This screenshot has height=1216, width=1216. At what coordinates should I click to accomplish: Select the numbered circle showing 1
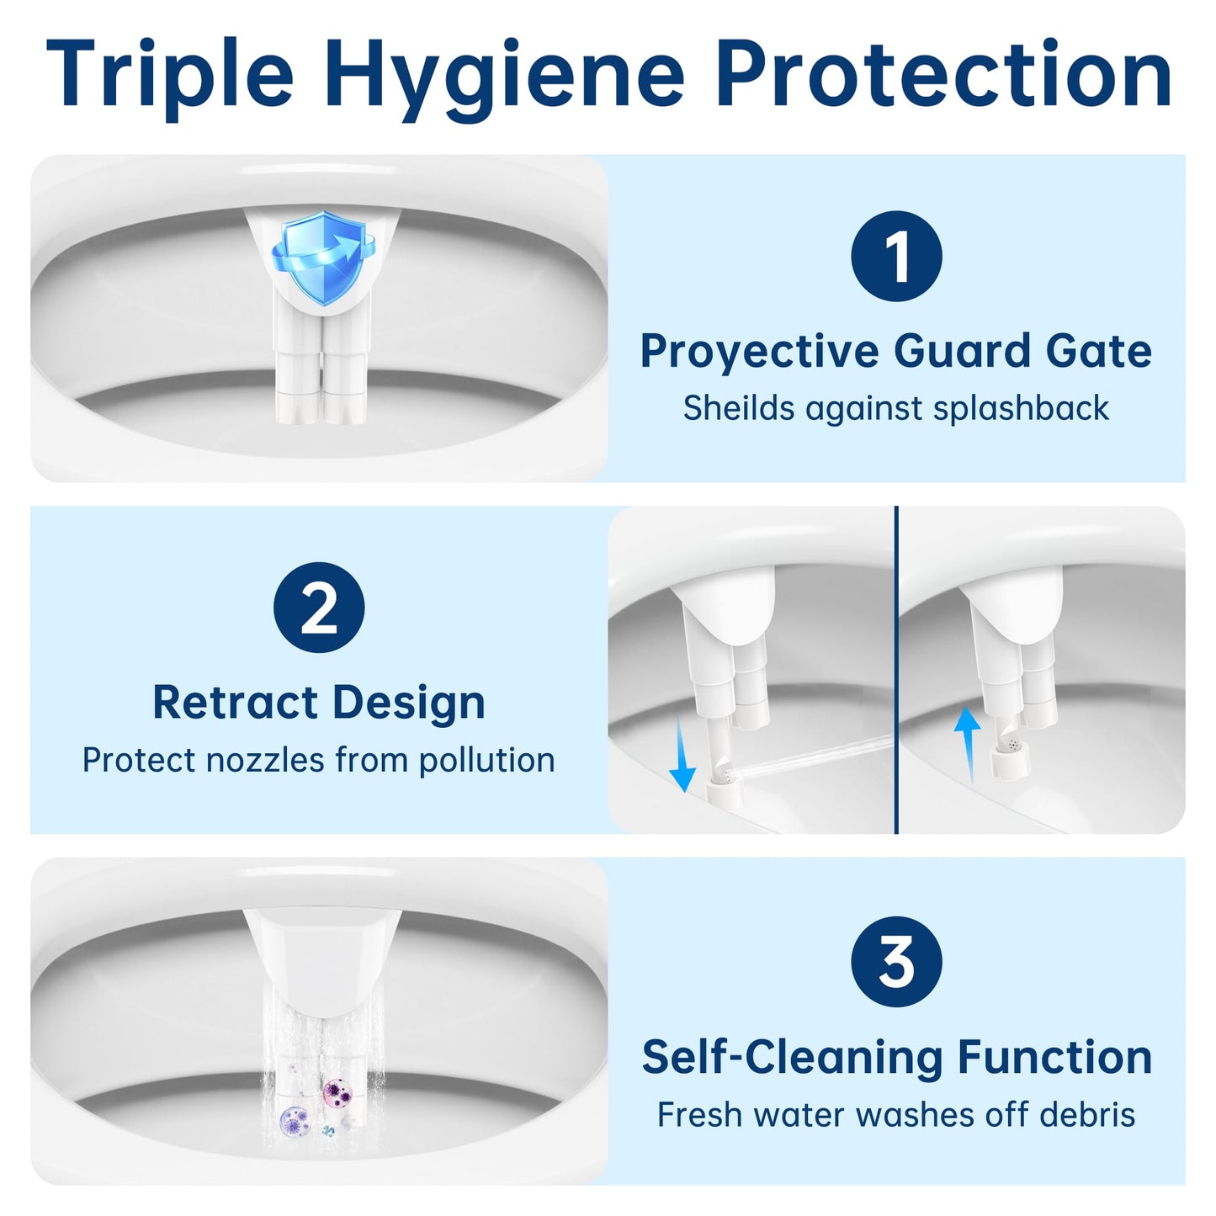(896, 256)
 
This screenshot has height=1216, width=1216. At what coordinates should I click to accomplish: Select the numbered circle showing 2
(319, 608)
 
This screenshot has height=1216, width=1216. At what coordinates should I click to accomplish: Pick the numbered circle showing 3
(896, 961)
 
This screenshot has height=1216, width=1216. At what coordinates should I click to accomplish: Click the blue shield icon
(322, 258)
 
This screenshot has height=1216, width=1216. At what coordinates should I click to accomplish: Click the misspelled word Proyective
(759, 351)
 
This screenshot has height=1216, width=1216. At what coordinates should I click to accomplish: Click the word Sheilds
(739, 408)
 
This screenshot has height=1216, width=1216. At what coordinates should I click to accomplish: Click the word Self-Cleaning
(792, 1057)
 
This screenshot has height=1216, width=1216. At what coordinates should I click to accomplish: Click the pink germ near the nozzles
(337, 1093)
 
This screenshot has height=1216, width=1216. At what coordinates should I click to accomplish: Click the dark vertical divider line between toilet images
(896, 670)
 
